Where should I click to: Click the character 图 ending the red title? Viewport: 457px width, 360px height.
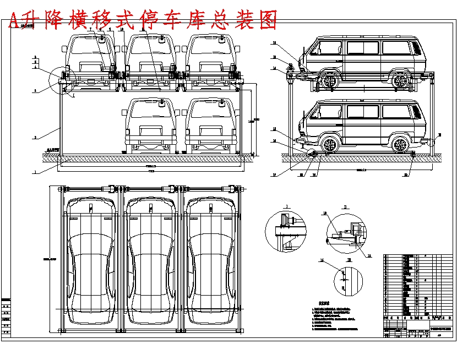coord(266,20)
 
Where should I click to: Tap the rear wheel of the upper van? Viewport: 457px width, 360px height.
coord(402,81)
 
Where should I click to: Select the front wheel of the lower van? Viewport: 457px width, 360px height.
coord(329,145)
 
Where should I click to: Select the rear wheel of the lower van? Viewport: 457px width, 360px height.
coord(402,145)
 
